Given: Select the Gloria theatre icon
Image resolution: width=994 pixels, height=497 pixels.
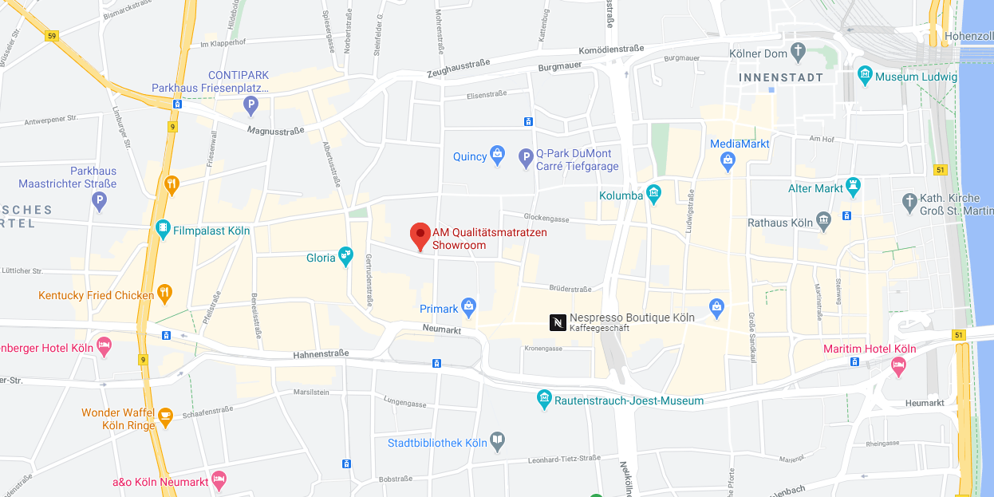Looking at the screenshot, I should (x=345, y=256).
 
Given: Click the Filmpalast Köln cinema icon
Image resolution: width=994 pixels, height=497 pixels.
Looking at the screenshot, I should (x=163, y=230).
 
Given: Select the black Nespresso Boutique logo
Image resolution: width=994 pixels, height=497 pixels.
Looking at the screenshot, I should (x=558, y=322).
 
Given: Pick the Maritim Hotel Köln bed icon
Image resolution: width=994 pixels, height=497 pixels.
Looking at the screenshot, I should (x=898, y=365).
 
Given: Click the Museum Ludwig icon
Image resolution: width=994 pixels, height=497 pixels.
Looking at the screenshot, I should (x=865, y=77).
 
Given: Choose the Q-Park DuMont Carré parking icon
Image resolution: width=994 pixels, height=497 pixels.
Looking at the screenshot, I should (x=526, y=159).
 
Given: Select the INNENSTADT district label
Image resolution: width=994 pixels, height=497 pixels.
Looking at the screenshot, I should (x=781, y=78).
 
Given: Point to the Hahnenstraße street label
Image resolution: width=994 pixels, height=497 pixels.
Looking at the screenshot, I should (x=321, y=353).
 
